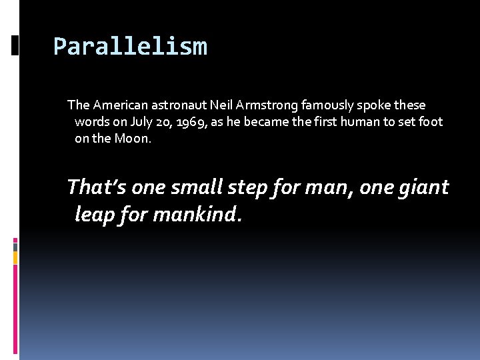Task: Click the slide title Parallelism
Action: pyautogui.click(x=130, y=47)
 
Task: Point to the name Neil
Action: pyautogui.click(x=222, y=105)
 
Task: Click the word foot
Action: pyautogui.click(x=429, y=123)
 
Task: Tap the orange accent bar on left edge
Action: pyautogui.click(x=15, y=257)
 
